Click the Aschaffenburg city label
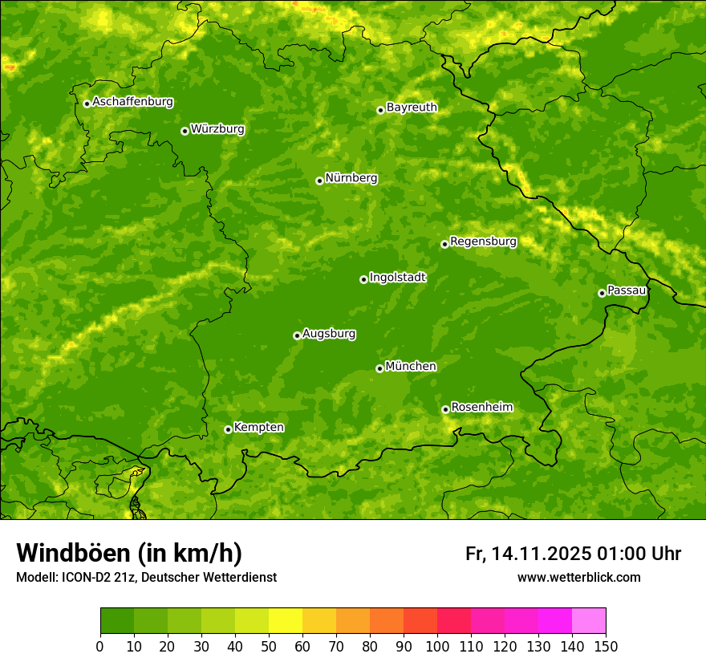[x=132, y=102]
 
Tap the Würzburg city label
[x=217, y=129]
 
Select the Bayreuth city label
[x=412, y=108]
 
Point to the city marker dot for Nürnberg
[x=319, y=181]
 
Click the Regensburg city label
[x=483, y=242]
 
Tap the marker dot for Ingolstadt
[x=363, y=279]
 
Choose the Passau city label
[x=627, y=290]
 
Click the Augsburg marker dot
[x=297, y=335]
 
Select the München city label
[x=411, y=367]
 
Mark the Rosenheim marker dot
[x=445, y=409]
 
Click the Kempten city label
[x=258, y=428]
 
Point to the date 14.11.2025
[x=542, y=554]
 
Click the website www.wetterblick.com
[x=578, y=577]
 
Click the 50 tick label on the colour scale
[x=269, y=646]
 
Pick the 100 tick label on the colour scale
[x=437, y=646]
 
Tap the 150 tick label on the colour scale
[x=606, y=646]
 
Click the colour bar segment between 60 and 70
[x=319, y=621]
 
